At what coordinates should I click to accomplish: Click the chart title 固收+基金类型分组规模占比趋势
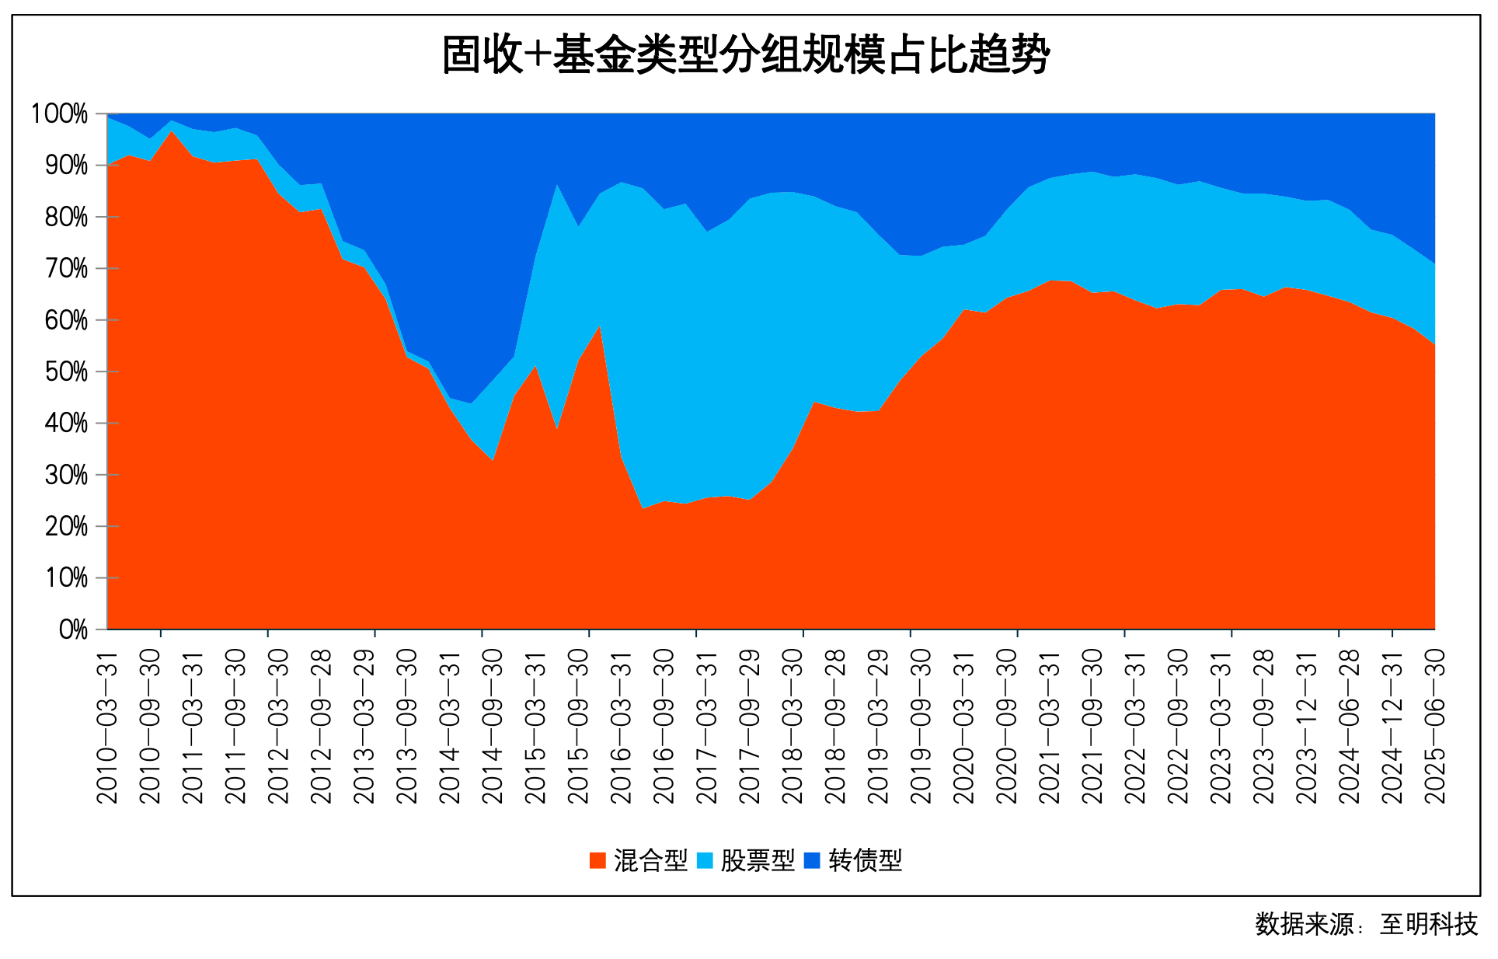(746, 54)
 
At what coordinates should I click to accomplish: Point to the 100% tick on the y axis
(59, 113)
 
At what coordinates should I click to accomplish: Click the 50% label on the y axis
(65, 371)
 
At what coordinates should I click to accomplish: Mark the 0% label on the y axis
(73, 629)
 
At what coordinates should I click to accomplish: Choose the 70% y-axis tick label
(65, 269)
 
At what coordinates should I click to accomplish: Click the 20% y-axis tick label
(65, 527)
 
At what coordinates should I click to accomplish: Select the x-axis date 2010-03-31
(107, 727)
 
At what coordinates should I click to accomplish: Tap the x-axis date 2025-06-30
(1434, 727)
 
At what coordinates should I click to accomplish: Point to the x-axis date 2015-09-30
(578, 727)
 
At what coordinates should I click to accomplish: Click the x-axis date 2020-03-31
(963, 727)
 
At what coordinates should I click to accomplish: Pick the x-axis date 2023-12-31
(1306, 727)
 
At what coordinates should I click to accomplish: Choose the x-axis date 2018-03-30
(792, 727)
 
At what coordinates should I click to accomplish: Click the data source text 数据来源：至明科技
(1366, 924)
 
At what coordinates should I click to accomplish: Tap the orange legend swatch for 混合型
(597, 860)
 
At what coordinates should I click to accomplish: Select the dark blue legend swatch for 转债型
(812, 860)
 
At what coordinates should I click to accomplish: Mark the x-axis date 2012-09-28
(321, 727)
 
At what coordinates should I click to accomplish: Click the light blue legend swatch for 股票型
(705, 860)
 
